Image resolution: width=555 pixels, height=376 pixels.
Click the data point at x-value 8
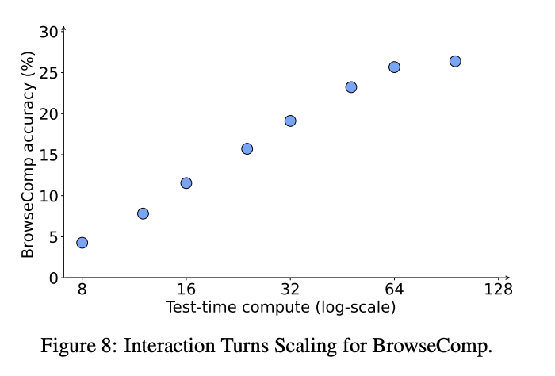click(x=82, y=243)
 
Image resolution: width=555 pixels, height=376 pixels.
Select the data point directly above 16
click(x=186, y=183)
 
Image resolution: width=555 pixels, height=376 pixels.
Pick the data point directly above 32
click(x=290, y=121)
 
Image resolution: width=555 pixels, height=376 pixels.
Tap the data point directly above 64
click(x=394, y=67)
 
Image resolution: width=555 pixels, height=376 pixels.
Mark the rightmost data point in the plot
click(x=455, y=61)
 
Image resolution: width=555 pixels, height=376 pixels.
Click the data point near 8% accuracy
click(x=143, y=213)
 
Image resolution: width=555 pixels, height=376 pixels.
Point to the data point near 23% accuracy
click(x=351, y=87)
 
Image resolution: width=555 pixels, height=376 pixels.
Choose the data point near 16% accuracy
click(x=247, y=148)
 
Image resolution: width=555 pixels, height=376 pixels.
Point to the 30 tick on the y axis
click(x=49, y=32)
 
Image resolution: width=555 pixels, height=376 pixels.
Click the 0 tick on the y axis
click(x=54, y=278)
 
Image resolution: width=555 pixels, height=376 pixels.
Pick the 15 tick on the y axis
click(x=49, y=155)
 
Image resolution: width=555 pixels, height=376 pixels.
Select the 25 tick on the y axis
click(x=49, y=73)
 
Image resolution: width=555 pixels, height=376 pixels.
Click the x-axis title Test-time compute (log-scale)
click(x=280, y=306)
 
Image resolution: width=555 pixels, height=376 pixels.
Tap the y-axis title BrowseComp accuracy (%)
click(x=28, y=155)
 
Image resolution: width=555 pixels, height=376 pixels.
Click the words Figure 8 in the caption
click(x=77, y=347)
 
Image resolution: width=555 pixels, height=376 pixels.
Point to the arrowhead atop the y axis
click(x=63, y=29)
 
